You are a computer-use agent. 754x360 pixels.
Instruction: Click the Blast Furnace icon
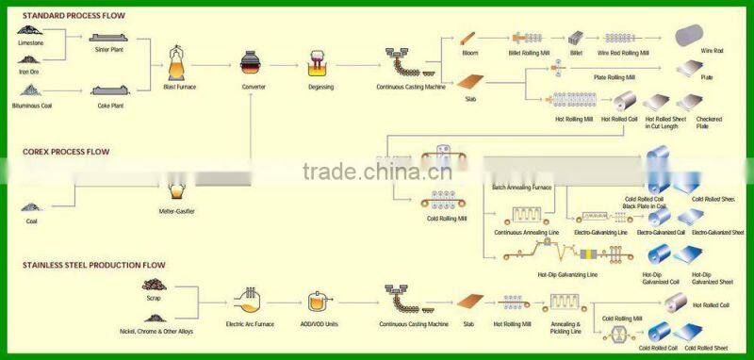click(179, 63)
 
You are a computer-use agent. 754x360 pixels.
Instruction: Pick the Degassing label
click(320, 86)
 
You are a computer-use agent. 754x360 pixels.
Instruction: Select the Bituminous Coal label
click(33, 106)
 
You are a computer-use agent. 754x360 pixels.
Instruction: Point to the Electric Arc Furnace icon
click(249, 303)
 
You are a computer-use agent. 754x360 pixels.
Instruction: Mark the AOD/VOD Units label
click(320, 324)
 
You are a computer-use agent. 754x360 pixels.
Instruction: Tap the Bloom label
click(470, 53)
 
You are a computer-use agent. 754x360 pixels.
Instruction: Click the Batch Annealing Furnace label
click(521, 188)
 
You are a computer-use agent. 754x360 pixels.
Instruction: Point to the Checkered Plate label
click(709, 123)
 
